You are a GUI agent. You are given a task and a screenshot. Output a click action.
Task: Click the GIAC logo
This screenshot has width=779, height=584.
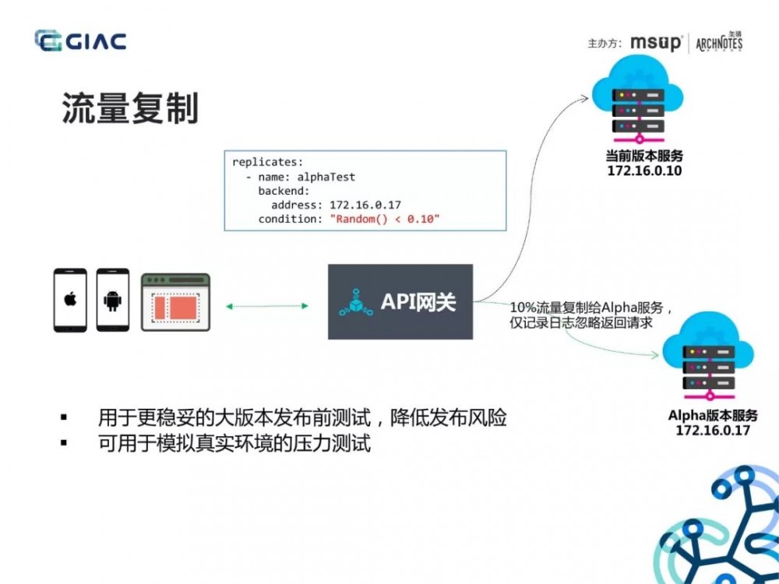pos(80,40)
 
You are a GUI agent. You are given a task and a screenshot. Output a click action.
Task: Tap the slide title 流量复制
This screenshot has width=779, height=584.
pos(130,109)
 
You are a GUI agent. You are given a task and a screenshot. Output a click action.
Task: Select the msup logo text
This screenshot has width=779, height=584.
pos(656,43)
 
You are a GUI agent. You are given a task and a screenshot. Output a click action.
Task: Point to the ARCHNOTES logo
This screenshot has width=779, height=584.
pos(719,43)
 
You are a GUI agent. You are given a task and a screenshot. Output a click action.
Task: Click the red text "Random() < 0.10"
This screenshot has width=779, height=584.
pos(385,219)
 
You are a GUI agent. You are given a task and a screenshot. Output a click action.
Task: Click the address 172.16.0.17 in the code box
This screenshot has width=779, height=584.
pos(365,205)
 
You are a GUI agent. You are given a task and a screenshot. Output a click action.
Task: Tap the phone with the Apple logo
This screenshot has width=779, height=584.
pos(70,301)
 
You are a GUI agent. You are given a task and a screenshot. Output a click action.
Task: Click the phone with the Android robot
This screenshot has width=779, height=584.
pos(112,301)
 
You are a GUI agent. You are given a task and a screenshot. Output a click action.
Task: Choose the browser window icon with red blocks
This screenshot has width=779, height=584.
pos(176,302)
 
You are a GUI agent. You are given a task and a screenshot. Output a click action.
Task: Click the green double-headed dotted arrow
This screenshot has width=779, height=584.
pos(267,306)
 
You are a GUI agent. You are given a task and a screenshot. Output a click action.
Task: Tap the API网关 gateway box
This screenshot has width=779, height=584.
pos(400,301)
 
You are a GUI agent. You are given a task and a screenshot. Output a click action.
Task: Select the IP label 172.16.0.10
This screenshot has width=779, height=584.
pos(644,170)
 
